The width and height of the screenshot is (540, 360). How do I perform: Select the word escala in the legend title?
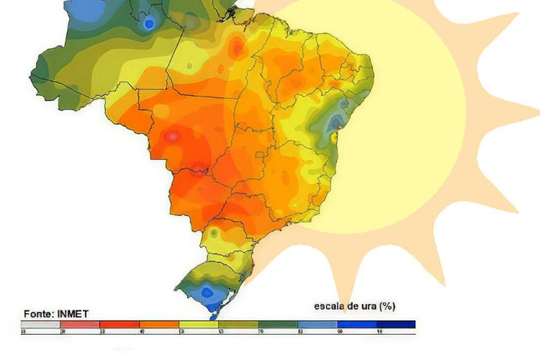click(330, 306)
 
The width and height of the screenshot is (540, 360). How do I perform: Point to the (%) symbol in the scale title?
click(387, 306)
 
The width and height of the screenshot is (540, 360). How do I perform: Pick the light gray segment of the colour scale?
click(40, 325)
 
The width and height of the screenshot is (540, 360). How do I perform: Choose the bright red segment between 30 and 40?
click(120, 325)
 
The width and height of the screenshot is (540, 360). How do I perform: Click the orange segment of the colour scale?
click(159, 325)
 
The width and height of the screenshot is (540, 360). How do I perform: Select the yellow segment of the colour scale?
click(199, 325)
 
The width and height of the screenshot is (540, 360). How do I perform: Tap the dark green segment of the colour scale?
click(279, 325)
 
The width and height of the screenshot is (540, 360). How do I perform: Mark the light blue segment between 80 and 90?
click(318, 325)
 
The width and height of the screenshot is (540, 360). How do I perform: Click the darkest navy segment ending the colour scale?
click(396, 325)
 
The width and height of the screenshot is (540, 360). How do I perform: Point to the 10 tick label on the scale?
click(23, 332)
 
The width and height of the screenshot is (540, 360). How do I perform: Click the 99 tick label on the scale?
click(379, 332)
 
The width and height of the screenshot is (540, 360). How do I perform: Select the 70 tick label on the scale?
click(260, 332)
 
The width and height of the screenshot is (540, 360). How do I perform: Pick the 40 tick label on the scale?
click(141, 332)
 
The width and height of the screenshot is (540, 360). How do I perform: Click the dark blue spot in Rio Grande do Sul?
click(207, 292)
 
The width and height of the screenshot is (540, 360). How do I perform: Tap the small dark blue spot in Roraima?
click(149, 24)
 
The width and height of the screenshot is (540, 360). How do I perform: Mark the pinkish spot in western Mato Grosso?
click(173, 135)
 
